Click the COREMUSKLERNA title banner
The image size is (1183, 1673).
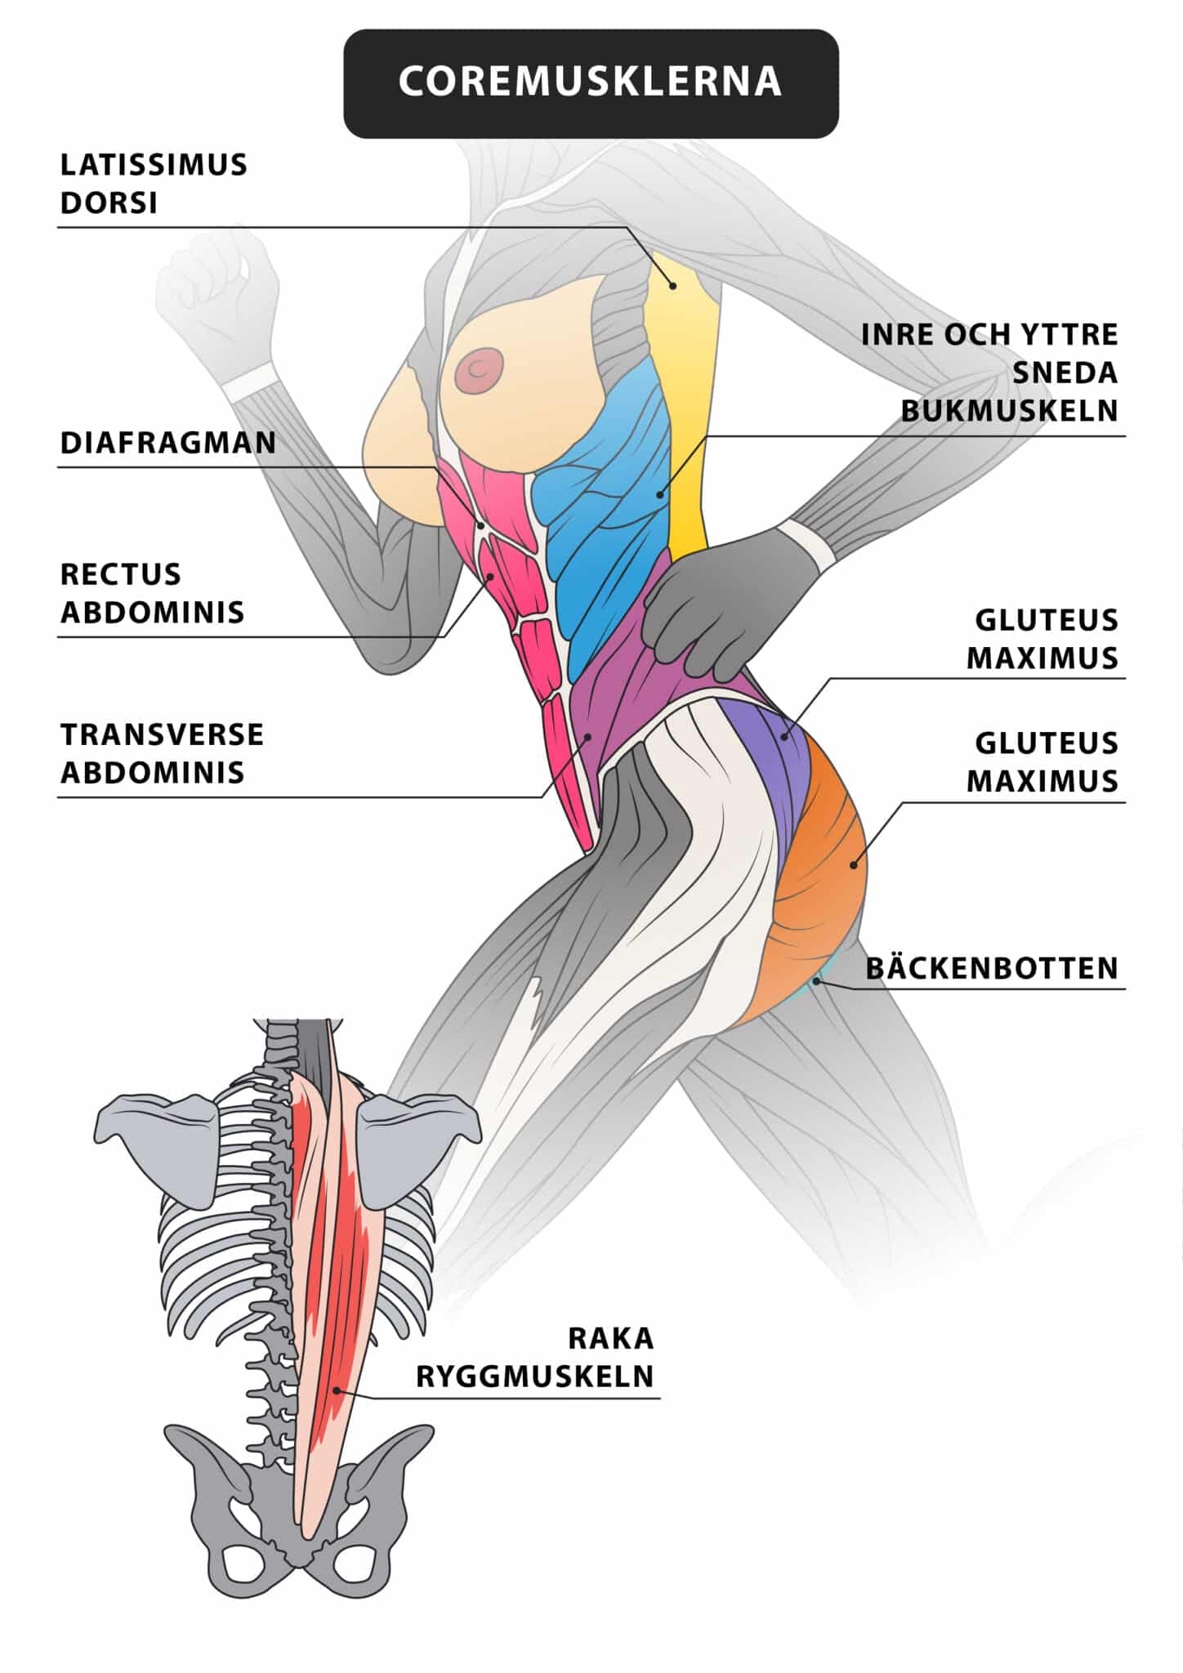pos(591,83)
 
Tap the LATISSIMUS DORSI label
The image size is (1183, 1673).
pos(154,184)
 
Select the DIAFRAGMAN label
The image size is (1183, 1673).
pos(169,443)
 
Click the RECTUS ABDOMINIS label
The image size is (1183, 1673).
pos(153,593)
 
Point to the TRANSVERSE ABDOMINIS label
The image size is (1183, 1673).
pos(162,753)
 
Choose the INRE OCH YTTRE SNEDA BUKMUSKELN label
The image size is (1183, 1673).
pos(989,373)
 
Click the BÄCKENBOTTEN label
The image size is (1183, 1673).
pos(992,968)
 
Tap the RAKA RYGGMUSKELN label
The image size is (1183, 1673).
pos(535,1357)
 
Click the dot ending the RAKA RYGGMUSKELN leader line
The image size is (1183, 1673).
pos(336,1390)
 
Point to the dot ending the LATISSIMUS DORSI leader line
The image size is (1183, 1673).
pos(672,285)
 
